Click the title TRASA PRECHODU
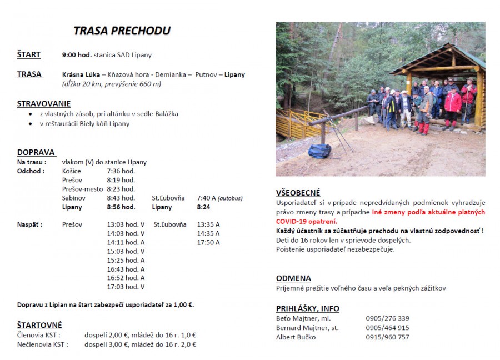(122, 31)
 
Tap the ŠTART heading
(28, 54)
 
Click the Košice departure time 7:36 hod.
(121, 171)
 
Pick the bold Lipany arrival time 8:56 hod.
(121, 207)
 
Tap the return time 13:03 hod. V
(126, 224)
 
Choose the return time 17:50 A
(208, 242)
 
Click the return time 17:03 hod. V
(126, 287)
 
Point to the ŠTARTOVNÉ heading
(39, 325)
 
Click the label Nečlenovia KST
(42, 344)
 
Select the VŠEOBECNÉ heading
(298, 193)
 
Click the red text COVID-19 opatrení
(307, 221)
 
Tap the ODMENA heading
(293, 278)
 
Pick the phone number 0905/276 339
(387, 318)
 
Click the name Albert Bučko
(296, 337)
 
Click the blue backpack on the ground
(319, 151)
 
